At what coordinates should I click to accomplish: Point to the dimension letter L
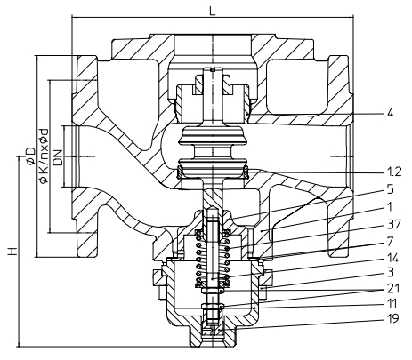211,8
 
